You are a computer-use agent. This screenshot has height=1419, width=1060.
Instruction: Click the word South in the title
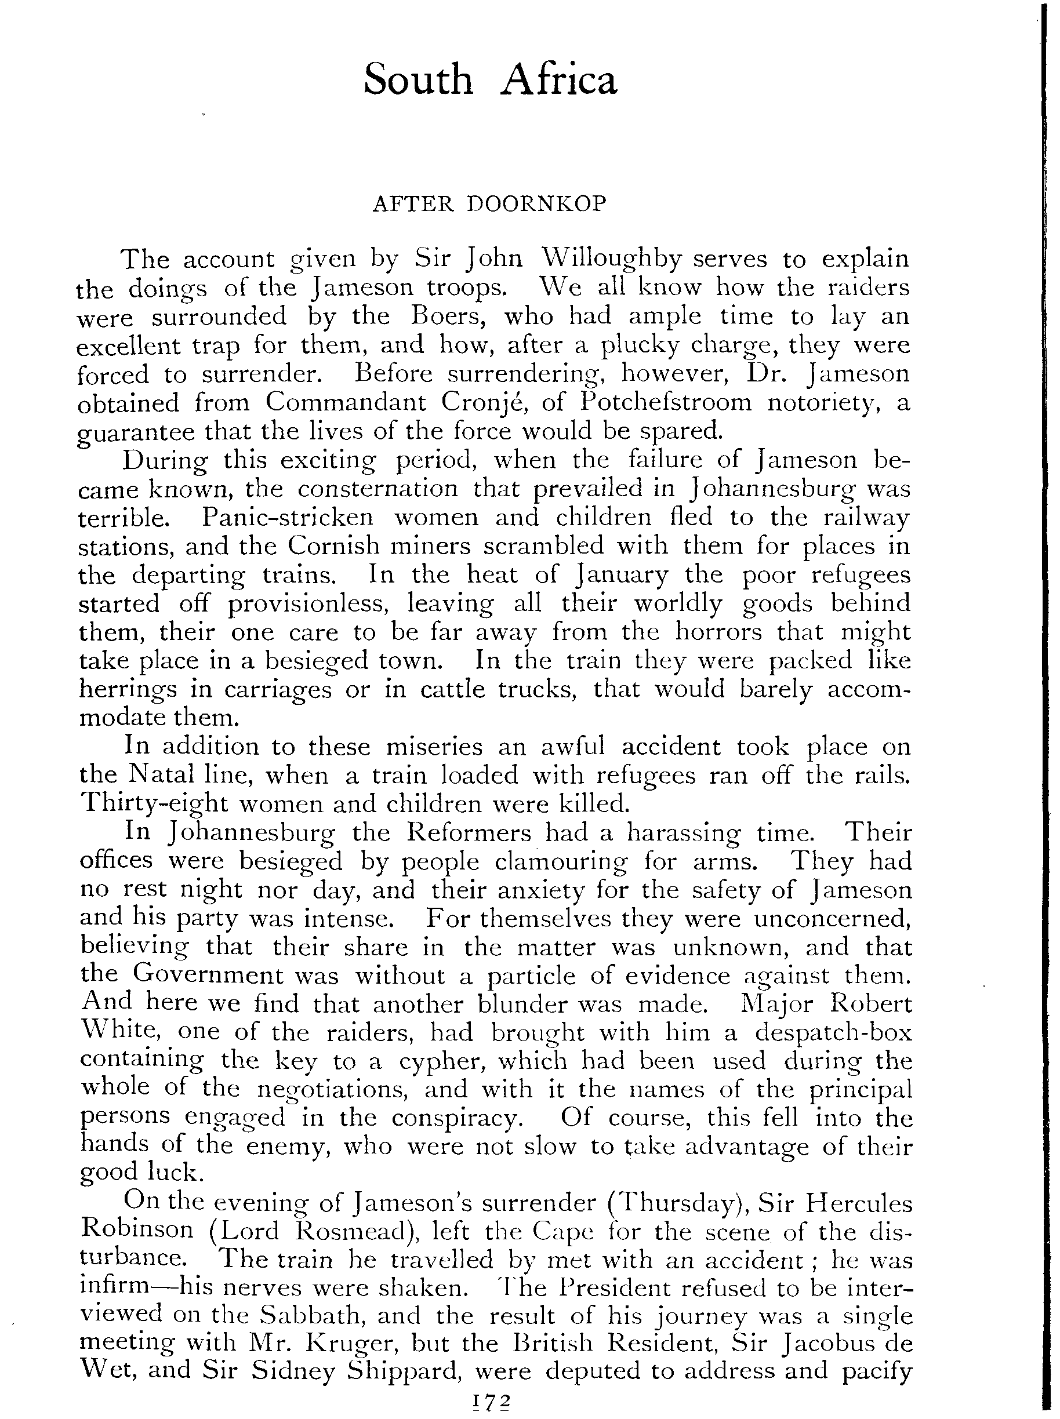(418, 80)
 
